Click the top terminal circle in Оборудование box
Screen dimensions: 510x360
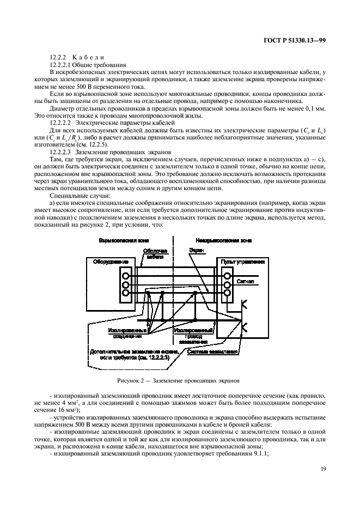125,276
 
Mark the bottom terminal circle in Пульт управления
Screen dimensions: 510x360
227,293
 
